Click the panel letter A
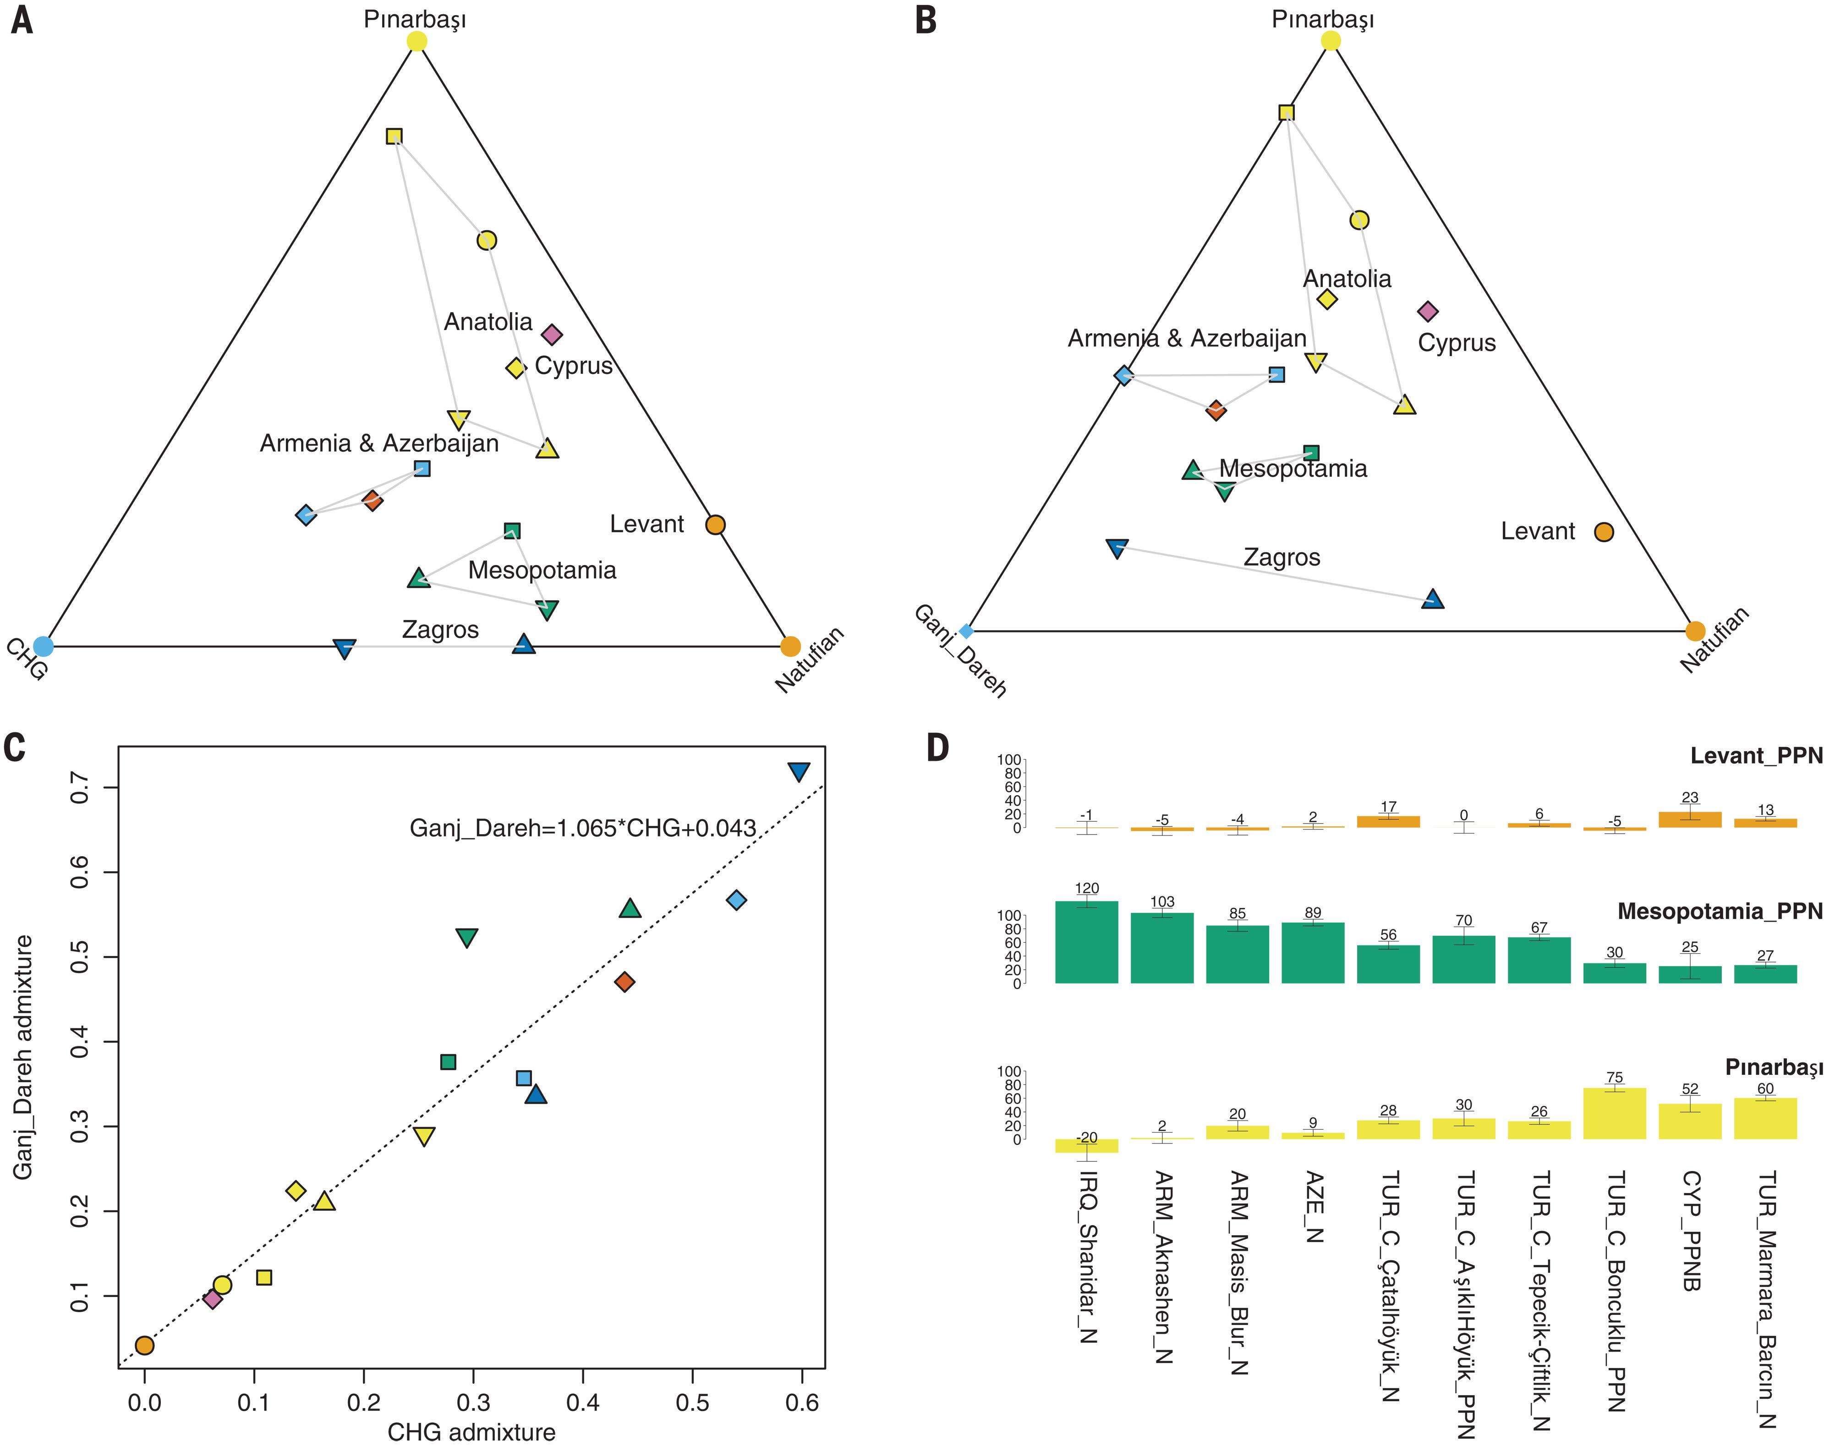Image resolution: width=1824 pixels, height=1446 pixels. click(22, 20)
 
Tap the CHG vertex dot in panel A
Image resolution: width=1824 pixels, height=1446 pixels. click(43, 646)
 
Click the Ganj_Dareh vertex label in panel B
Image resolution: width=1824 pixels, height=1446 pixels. click(960, 652)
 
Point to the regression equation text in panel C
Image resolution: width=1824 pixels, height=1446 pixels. click(582, 827)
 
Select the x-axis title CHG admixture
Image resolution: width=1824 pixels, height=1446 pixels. click(471, 1432)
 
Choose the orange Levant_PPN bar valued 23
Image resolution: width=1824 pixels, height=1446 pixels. click(1689, 819)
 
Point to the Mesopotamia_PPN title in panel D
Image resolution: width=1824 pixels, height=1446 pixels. click(1719, 911)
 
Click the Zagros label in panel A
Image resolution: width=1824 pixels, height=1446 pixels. click(440, 630)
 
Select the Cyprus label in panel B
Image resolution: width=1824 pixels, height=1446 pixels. click(1457, 343)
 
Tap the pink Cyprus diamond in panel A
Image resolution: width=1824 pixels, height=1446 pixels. click(552, 335)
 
